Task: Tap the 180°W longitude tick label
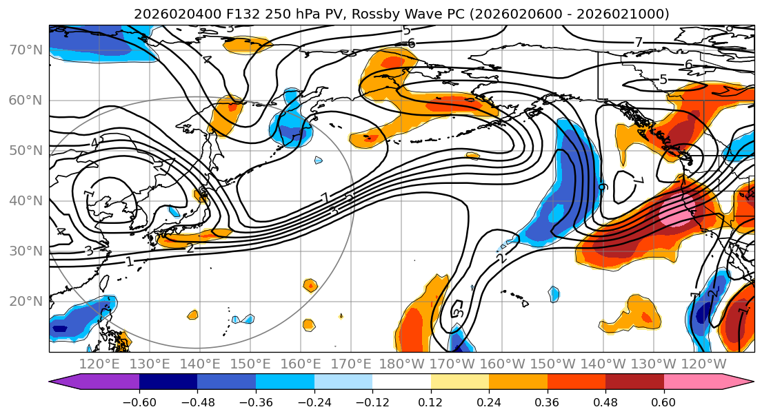coord(401,364)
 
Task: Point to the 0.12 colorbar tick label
coord(430,401)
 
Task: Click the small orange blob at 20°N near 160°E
coord(310,285)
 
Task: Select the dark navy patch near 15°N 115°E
coord(61,329)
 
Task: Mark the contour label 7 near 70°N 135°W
coord(639,43)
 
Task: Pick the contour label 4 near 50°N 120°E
coord(94,143)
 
